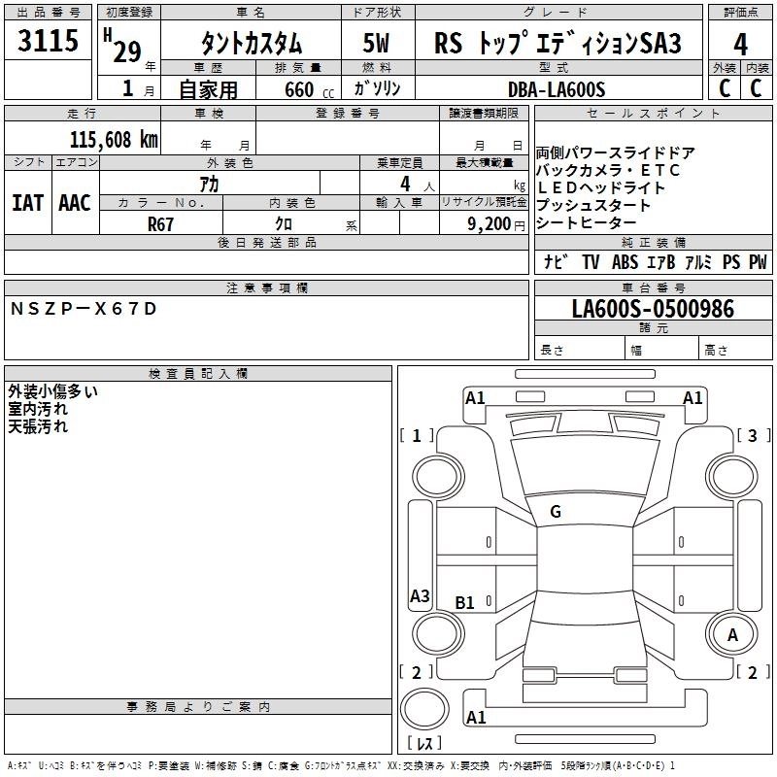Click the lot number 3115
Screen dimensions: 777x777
[49, 41]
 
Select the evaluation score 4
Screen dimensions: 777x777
[740, 45]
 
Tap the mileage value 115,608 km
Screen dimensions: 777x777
[114, 140]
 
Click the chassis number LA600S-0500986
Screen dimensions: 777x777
[653, 310]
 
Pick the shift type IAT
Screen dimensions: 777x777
[27, 202]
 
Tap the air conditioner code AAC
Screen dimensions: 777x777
[74, 202]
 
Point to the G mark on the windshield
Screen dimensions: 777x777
[556, 512]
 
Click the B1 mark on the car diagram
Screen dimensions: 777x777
[465, 603]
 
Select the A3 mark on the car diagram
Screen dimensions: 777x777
[420, 596]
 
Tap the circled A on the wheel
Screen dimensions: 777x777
[733, 634]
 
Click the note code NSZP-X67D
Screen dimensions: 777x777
[82, 309]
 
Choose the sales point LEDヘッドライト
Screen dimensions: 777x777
[601, 187]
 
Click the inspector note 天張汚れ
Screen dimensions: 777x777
[38, 425]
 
